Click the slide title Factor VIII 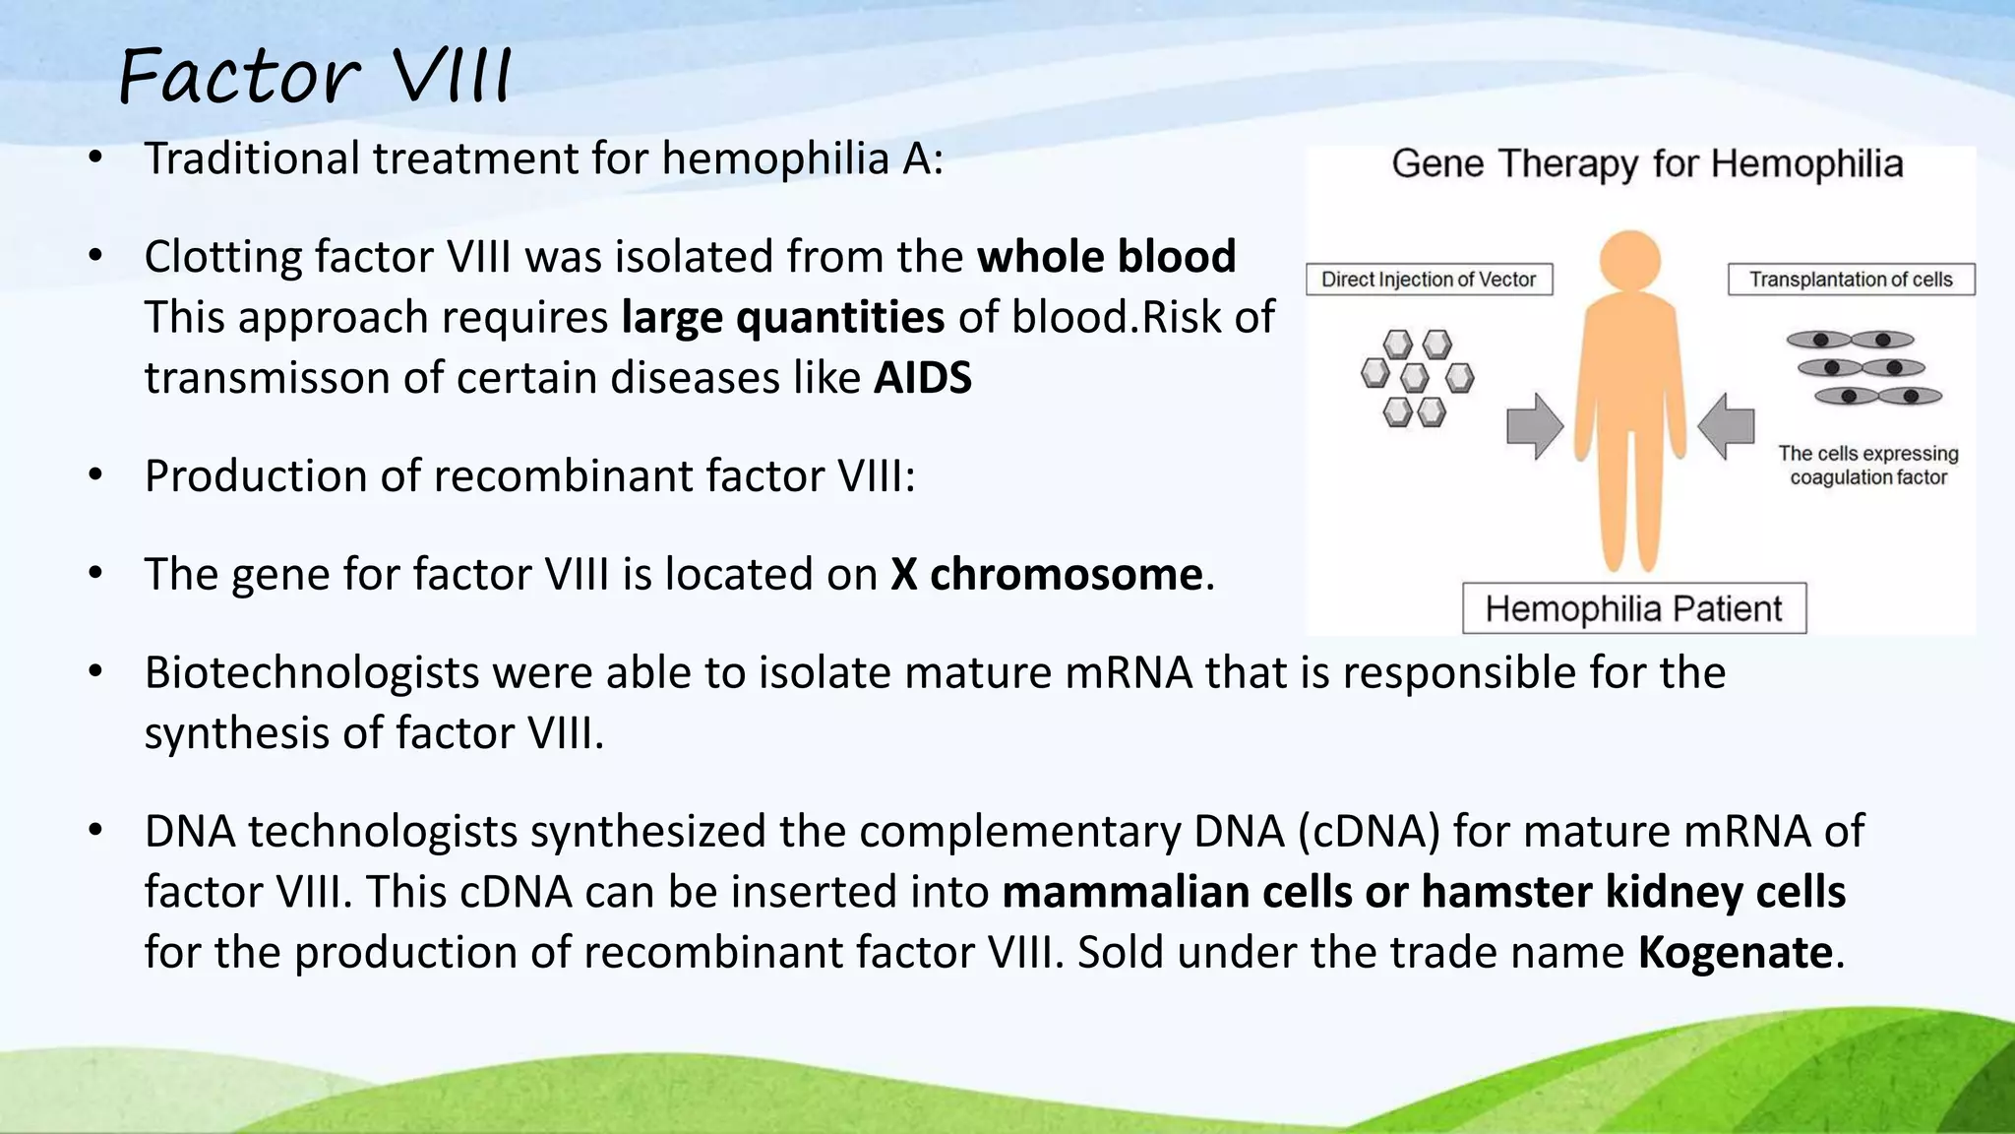point(315,77)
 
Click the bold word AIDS point(922,378)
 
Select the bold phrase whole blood point(1106,257)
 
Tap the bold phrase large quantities point(782,318)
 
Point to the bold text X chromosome point(1046,575)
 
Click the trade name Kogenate point(1734,953)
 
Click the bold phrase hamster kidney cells point(1632,892)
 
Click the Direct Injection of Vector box point(1429,280)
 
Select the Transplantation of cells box point(1850,280)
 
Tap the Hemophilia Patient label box point(1633,608)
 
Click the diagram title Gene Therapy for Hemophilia point(1646,164)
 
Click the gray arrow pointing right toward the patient point(1534,426)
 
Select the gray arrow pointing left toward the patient point(1727,426)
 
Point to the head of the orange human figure point(1630,260)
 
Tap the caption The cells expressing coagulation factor point(1867,466)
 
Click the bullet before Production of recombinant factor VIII point(95,476)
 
